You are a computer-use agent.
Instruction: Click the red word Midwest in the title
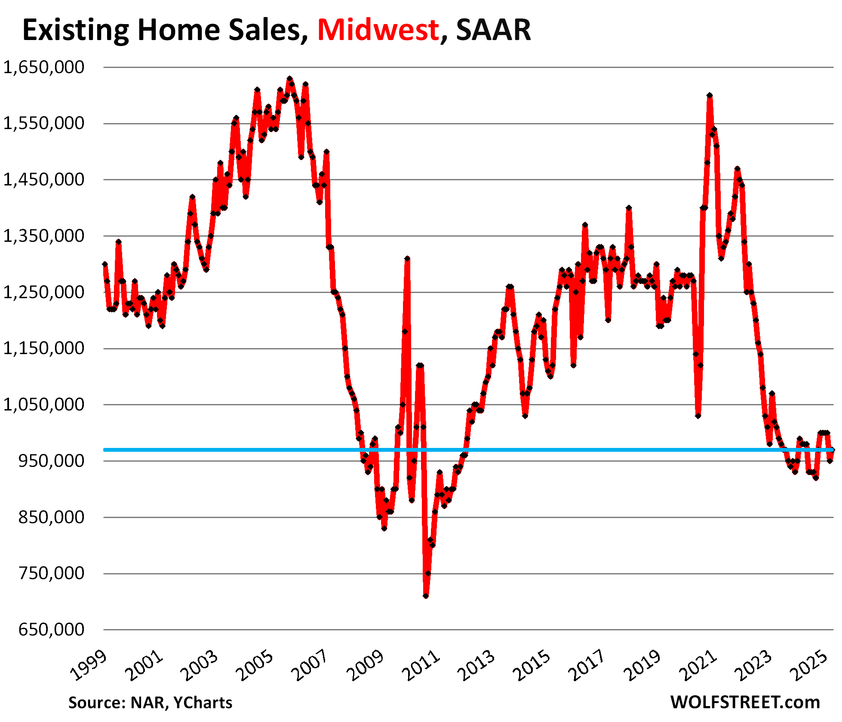click(x=378, y=30)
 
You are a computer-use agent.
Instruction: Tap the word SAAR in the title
click(x=493, y=30)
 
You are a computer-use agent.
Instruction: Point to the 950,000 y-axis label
click(x=52, y=461)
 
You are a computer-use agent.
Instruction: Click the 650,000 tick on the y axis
click(x=52, y=629)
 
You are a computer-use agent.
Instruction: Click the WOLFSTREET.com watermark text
click(x=745, y=703)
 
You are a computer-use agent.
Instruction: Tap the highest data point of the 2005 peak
click(x=289, y=79)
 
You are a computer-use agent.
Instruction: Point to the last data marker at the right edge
click(x=833, y=450)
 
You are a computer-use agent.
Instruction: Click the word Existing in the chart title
click(x=76, y=30)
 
